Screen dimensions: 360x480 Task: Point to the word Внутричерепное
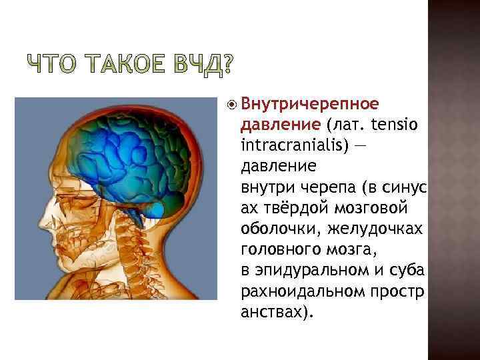(310, 105)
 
